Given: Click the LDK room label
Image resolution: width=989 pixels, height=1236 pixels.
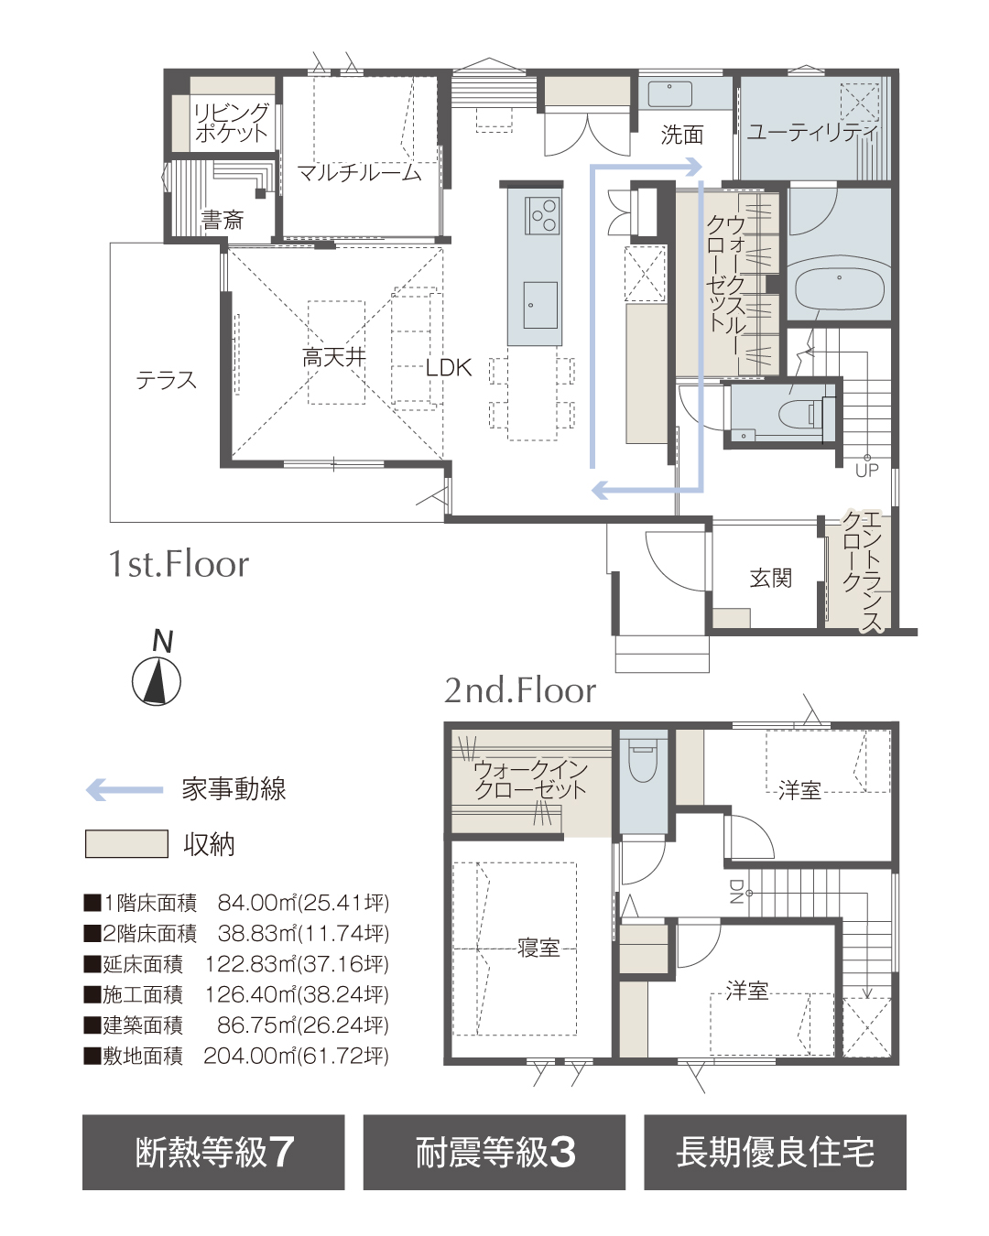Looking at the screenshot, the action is coord(448,367).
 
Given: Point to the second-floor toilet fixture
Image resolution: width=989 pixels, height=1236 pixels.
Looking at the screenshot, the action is coord(643,760).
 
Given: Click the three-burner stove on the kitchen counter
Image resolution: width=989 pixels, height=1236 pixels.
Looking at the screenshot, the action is coord(542,215).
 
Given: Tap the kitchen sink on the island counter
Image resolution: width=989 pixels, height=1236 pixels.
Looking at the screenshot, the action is coord(540,305).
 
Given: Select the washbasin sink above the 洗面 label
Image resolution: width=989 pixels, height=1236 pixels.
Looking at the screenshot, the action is coord(670,93).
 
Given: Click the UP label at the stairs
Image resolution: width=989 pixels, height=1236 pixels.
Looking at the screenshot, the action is coord(866,470).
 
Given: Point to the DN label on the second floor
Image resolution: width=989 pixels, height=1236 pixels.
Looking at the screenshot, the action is coord(735,892).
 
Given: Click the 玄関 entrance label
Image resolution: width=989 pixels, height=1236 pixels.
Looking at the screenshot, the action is coord(771,579).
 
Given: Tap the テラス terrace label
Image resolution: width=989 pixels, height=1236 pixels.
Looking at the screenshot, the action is coord(166,380).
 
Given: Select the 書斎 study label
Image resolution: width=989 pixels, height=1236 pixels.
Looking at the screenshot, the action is coord(223,220).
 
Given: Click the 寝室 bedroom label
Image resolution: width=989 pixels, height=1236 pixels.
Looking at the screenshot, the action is coord(538,947).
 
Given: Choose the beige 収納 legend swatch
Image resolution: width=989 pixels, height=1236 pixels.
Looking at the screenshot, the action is coord(126,843).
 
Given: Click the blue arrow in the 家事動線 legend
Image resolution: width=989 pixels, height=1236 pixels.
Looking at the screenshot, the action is coord(125,790).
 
